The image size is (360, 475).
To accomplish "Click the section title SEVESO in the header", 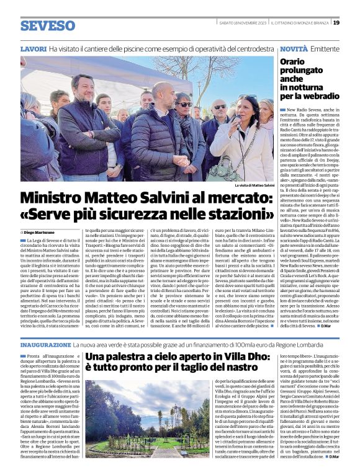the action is point(47,25).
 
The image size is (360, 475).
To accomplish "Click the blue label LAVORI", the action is point(34,48).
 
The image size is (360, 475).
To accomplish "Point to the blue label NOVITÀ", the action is point(294,48).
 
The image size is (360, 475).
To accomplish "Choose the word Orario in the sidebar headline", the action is point(292,61).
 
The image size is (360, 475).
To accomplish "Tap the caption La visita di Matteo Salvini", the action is point(254,185).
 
